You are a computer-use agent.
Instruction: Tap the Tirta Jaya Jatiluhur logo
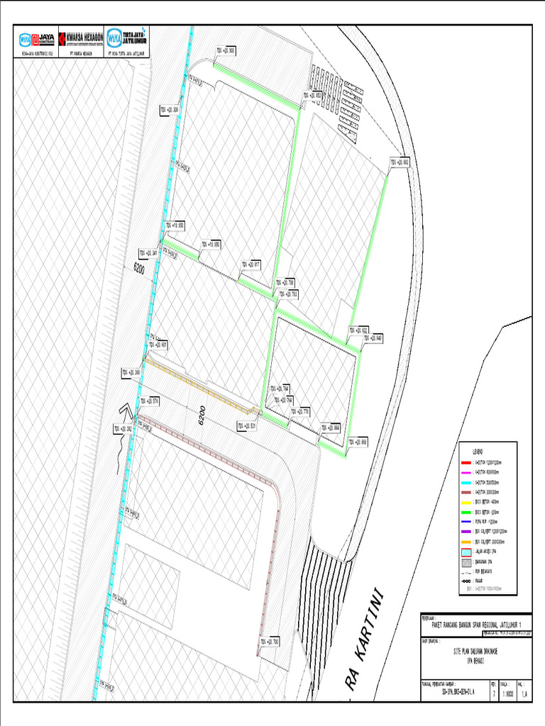(x=126, y=40)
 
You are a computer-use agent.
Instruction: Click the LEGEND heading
(x=479, y=452)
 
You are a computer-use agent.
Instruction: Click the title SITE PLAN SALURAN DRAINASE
(x=475, y=649)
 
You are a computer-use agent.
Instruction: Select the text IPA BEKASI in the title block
(x=475, y=659)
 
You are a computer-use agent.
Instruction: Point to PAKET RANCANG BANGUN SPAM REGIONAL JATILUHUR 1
(x=476, y=624)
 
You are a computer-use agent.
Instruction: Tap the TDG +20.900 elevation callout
(x=226, y=50)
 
